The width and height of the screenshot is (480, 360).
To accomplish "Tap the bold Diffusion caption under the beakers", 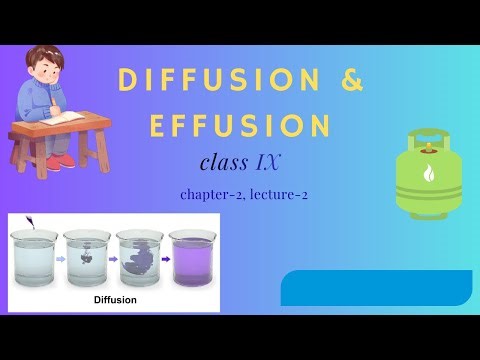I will [x=115, y=299].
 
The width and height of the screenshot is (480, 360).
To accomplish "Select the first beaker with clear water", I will [x=35, y=259].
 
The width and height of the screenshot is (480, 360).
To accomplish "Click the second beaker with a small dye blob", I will [x=87, y=259].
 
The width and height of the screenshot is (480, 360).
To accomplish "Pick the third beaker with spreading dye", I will [x=139, y=259].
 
